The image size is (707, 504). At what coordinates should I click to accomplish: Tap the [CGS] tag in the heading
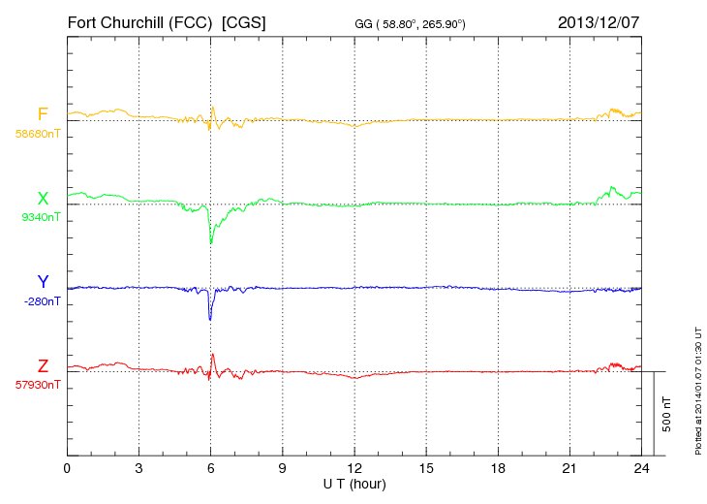[x=244, y=22]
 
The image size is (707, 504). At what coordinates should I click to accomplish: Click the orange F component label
[x=43, y=114]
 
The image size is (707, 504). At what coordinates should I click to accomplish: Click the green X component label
[x=43, y=199]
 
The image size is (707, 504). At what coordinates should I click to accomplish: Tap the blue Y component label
[x=43, y=282]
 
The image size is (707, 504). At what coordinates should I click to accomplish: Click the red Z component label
[x=43, y=366]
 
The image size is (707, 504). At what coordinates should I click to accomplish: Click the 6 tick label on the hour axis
[x=211, y=468]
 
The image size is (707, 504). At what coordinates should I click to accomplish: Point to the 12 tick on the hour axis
[x=354, y=468]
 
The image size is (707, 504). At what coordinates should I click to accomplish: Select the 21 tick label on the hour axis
[x=569, y=468]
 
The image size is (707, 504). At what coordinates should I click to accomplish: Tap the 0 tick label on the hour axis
[x=68, y=468]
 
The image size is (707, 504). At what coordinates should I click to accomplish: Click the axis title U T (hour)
[x=354, y=484]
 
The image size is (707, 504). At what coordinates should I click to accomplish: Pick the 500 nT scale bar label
[x=667, y=414]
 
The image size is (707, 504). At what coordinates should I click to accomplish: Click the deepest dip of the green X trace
[x=211, y=243]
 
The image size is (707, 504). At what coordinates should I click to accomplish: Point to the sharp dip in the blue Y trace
[x=210, y=319]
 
